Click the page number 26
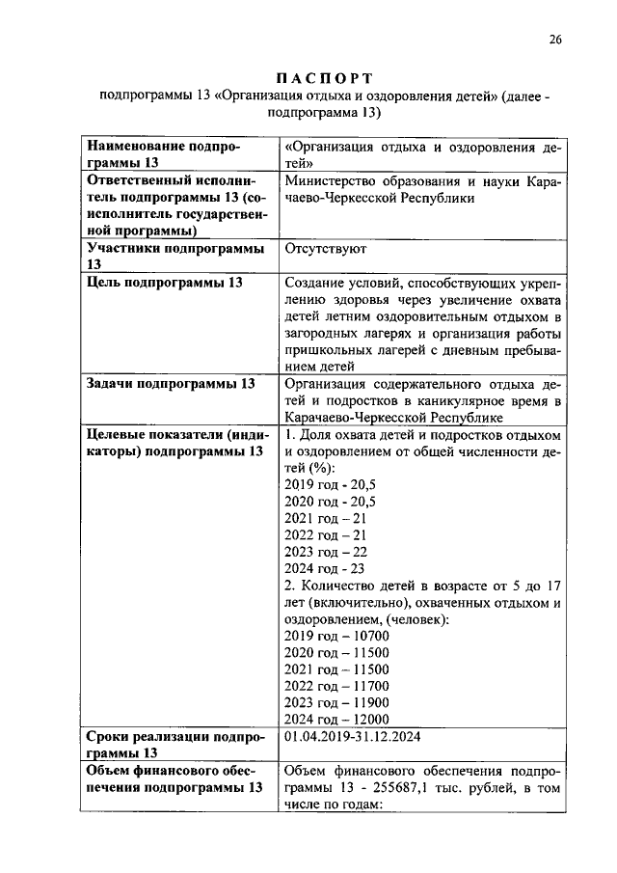click(x=555, y=40)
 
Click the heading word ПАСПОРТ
click(x=324, y=77)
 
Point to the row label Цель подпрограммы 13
click(x=165, y=283)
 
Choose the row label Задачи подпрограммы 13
click(x=171, y=384)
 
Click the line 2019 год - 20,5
click(x=331, y=485)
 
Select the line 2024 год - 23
click(x=324, y=568)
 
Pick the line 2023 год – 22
click(x=326, y=552)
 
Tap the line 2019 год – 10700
click(x=336, y=636)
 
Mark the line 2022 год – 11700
click(x=336, y=686)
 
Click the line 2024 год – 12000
click(x=336, y=720)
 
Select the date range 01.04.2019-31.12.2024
click(x=355, y=737)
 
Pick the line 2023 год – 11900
click(x=336, y=703)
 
